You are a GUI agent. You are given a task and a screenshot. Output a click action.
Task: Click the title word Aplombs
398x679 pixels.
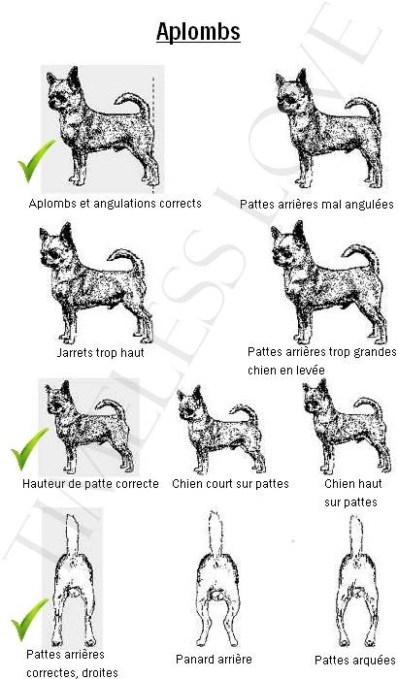point(198,32)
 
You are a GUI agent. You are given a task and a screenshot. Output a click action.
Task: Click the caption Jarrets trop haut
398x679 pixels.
point(101,352)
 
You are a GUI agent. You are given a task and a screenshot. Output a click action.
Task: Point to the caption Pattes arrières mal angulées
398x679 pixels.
point(316,204)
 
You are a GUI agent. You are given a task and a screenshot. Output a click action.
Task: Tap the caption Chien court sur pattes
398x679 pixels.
point(230,483)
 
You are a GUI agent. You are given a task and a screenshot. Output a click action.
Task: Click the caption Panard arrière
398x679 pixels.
point(214,659)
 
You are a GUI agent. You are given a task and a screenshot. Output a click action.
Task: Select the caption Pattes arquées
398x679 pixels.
point(354,660)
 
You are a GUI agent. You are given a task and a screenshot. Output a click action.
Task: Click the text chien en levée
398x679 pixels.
point(285,371)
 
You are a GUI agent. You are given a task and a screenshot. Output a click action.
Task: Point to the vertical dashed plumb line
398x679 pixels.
point(153,135)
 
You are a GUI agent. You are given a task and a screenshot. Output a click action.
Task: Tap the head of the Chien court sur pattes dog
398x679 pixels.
point(190,400)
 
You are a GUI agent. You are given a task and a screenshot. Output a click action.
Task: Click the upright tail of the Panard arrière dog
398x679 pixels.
point(216,533)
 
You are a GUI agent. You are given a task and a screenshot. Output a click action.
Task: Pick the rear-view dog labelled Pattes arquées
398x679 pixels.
point(357,581)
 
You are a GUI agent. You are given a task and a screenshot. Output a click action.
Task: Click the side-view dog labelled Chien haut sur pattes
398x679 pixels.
point(347,427)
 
